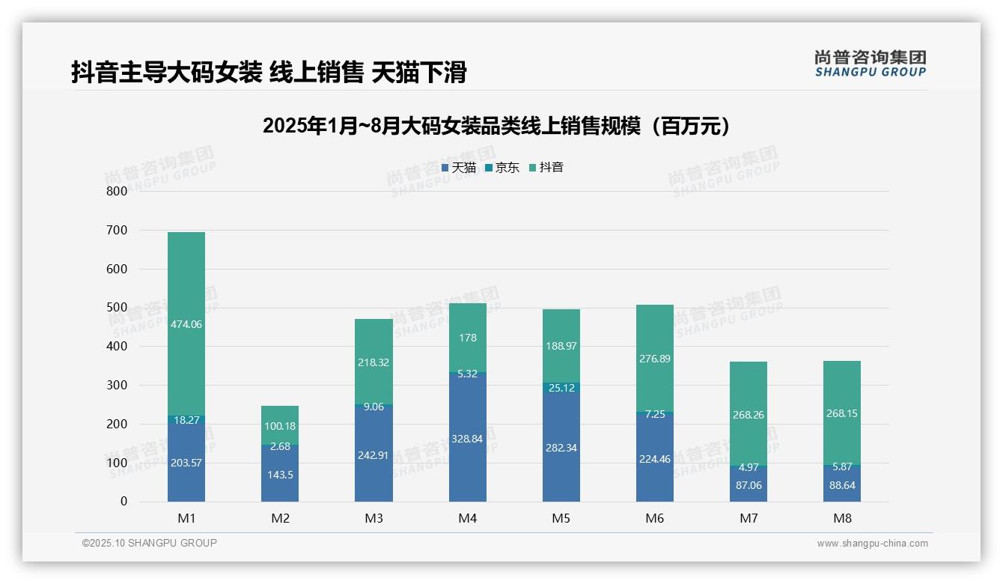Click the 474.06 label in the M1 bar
[186, 324]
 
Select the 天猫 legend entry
[459, 168]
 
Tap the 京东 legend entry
[501, 168]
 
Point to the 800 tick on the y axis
[118, 191]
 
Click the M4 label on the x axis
[467, 518]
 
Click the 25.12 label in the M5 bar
[561, 388]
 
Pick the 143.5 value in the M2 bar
[280, 475]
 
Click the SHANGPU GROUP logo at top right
[871, 64]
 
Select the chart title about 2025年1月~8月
[496, 126]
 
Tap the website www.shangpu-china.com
[872, 544]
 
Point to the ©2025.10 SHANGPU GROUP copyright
[150, 543]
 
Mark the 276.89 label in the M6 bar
[655, 359]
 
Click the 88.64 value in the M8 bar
[842, 485]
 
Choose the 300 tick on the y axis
[118, 385]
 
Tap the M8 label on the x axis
[842, 518]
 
